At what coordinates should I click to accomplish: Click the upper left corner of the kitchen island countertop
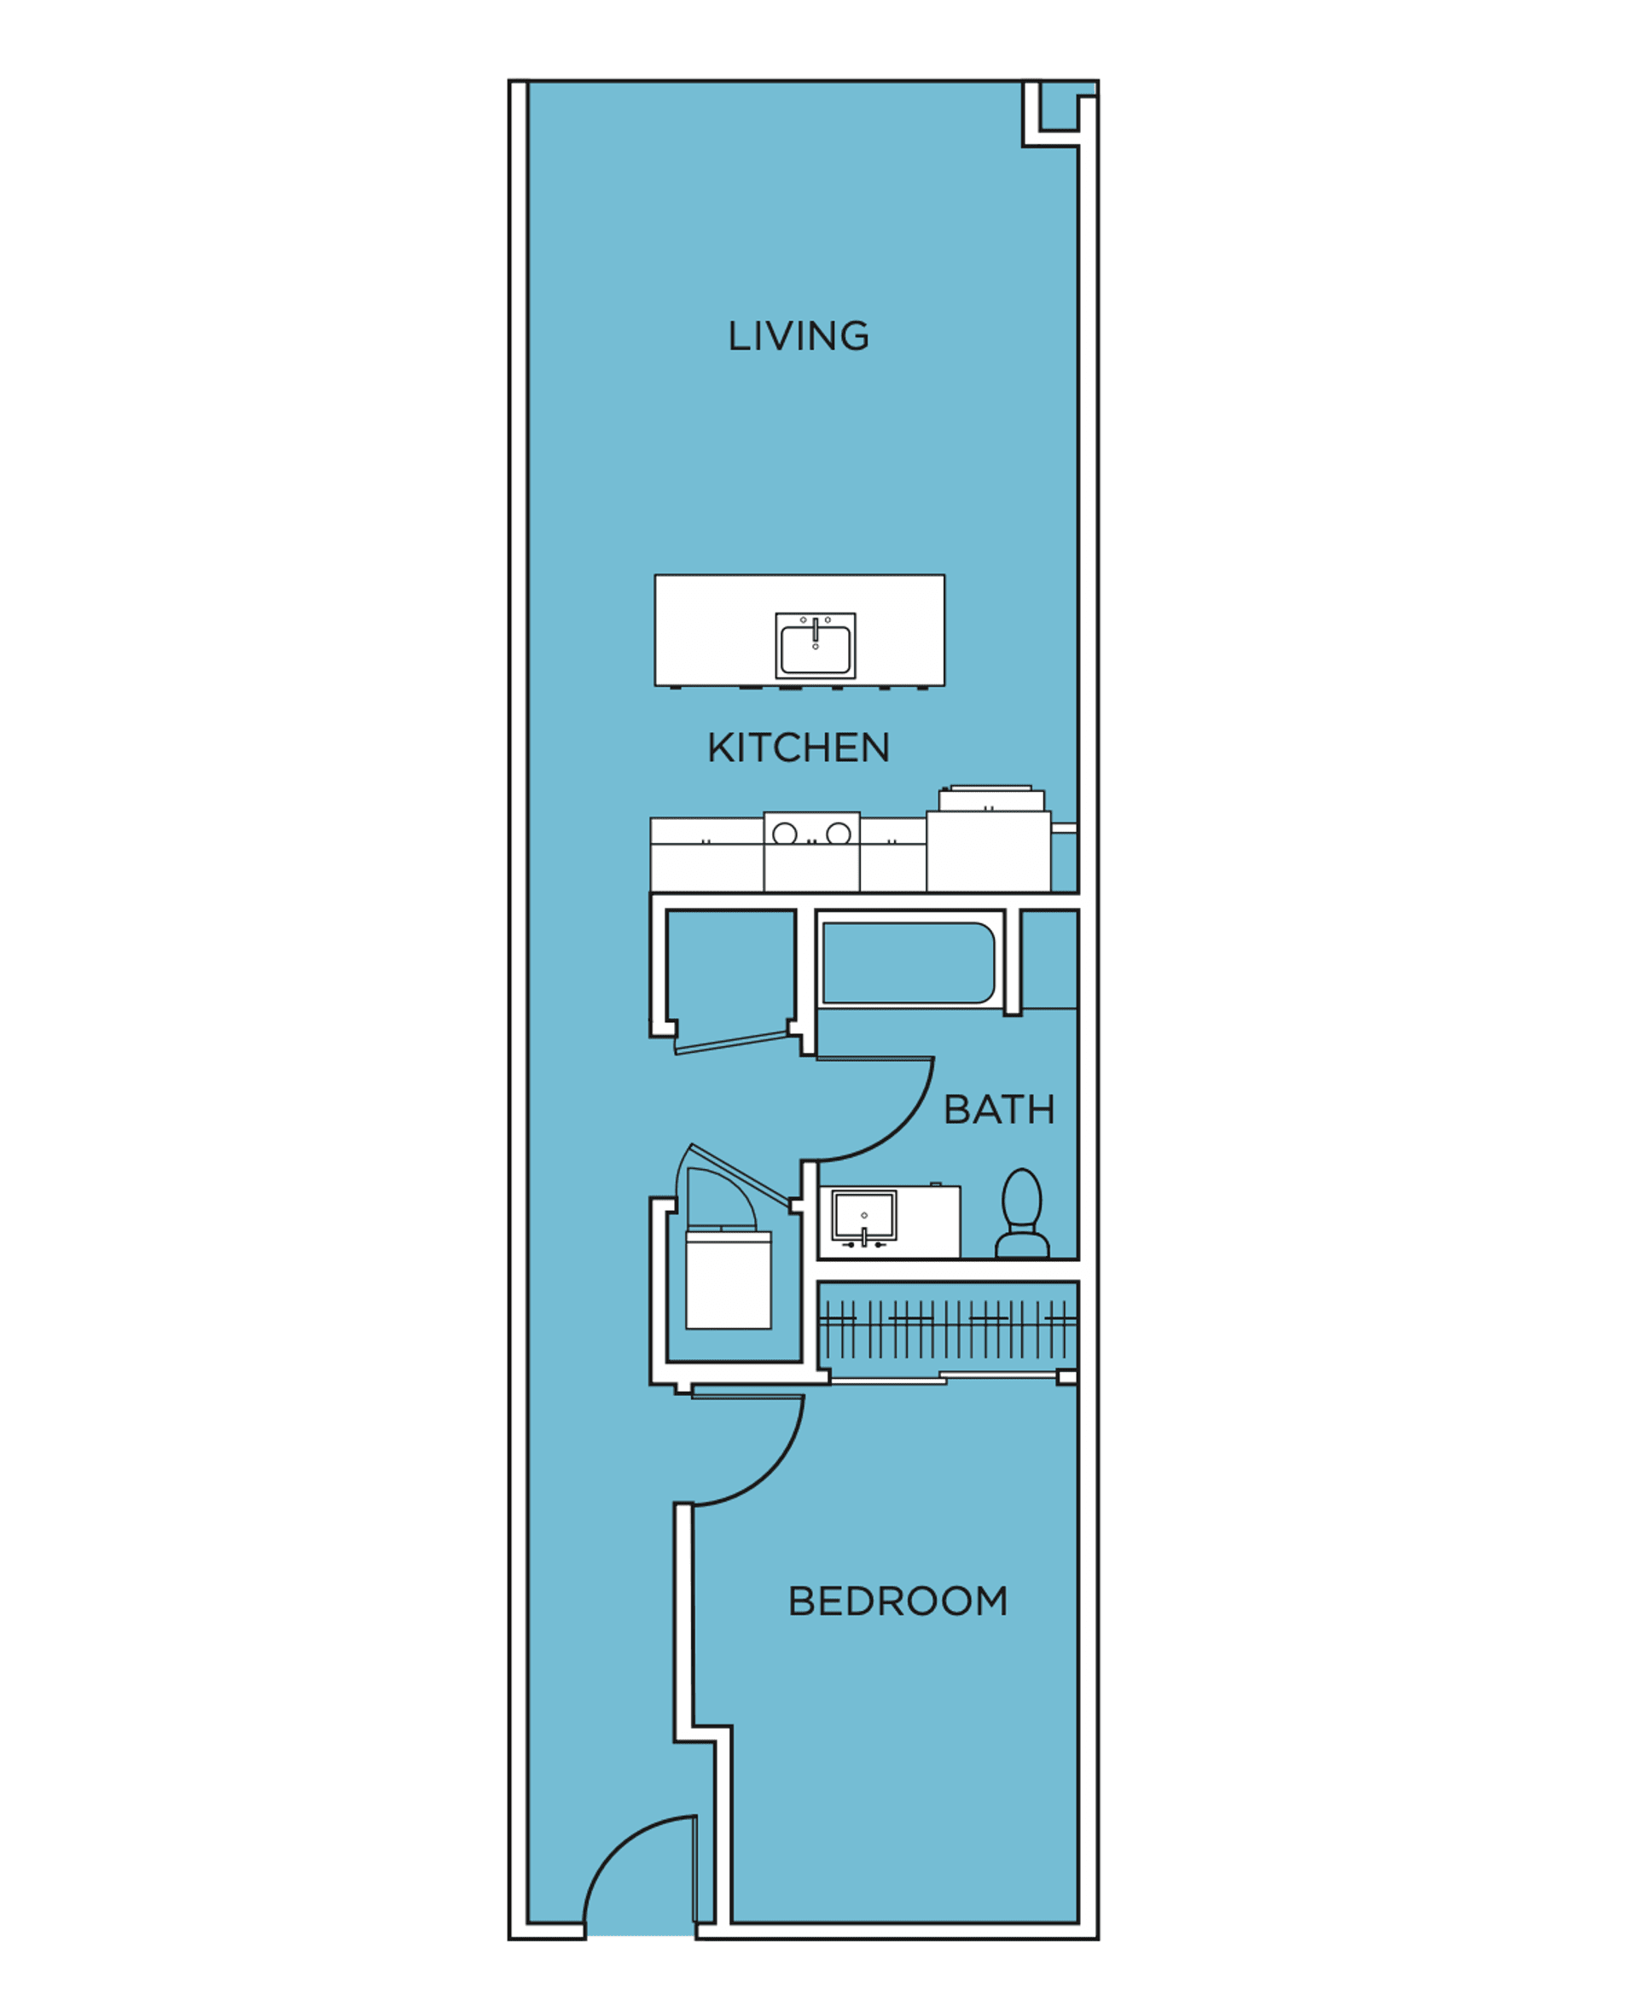click(x=656, y=574)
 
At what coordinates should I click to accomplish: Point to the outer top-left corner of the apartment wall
click(x=509, y=81)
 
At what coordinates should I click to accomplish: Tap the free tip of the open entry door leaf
click(x=695, y=1817)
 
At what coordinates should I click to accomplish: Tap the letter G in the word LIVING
click(x=854, y=337)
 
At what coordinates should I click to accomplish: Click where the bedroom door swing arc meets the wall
click(x=694, y=1504)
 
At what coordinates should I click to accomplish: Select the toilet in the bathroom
click(x=1023, y=1213)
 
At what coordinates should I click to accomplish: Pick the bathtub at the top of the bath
click(x=909, y=962)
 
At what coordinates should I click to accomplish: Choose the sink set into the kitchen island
click(x=816, y=645)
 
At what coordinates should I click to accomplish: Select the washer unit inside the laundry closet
click(x=729, y=1280)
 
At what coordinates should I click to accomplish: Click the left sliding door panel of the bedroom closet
click(x=888, y=1381)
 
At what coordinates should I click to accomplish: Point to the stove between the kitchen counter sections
click(x=811, y=852)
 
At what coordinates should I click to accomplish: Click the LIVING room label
click(x=799, y=337)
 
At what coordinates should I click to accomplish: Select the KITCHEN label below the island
click(x=799, y=748)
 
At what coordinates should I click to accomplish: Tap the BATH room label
click(x=999, y=1109)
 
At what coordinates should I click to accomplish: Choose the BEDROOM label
click(x=898, y=1602)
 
